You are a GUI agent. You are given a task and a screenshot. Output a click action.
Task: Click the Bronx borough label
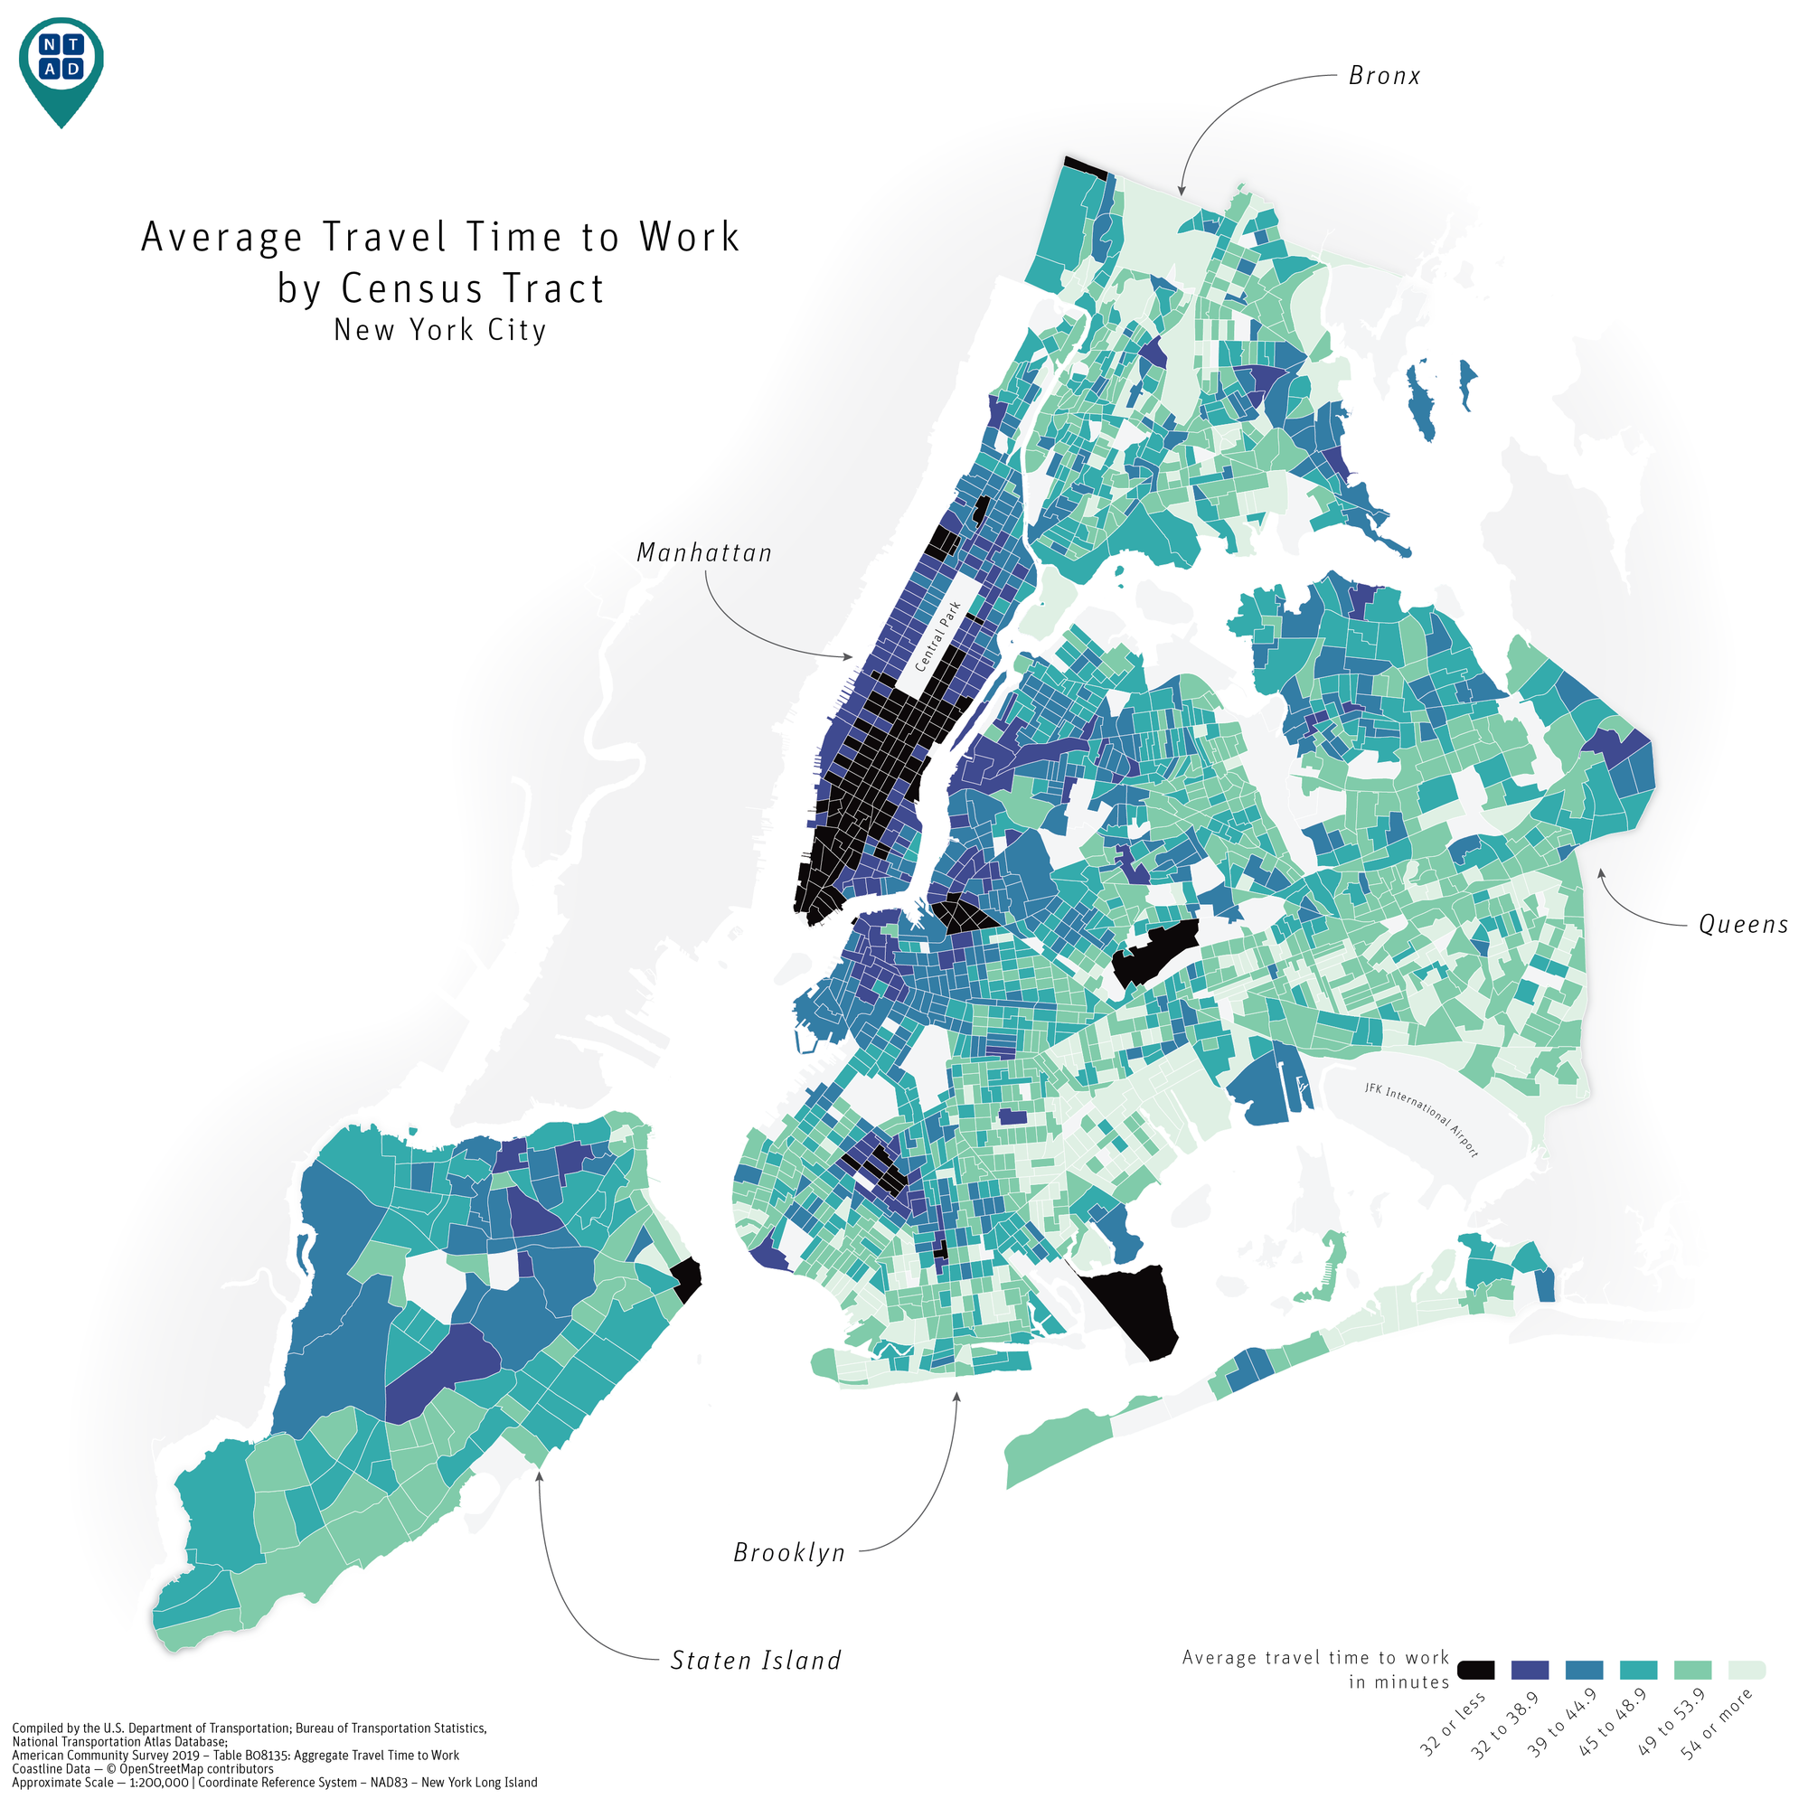1383,76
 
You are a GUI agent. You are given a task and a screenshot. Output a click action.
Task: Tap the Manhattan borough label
703,553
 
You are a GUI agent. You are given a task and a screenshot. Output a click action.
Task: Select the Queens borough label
1743,925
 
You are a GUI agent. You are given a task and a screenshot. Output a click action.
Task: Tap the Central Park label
937,636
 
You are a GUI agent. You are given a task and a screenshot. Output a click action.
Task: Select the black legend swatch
1476,1671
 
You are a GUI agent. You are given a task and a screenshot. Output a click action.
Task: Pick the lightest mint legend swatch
1747,1671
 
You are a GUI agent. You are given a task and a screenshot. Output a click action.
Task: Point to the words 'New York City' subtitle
440,330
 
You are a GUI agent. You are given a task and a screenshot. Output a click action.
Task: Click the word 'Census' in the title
421,288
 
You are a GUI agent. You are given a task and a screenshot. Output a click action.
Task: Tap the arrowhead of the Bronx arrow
1182,192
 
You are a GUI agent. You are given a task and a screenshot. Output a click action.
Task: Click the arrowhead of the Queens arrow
1599,871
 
